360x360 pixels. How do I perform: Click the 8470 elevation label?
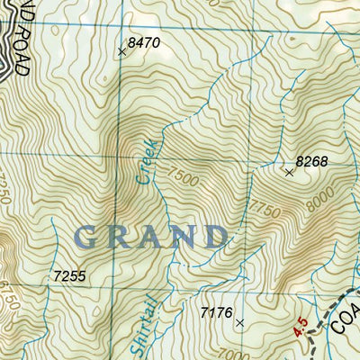click(x=143, y=42)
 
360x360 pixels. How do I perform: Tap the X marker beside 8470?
click(x=121, y=52)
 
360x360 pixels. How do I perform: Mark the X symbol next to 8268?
click(x=289, y=172)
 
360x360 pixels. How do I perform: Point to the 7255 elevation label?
click(x=69, y=276)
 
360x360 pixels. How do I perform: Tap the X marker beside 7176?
click(x=239, y=321)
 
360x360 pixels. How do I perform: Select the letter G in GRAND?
click(x=89, y=237)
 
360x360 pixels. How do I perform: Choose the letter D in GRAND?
click(x=213, y=236)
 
